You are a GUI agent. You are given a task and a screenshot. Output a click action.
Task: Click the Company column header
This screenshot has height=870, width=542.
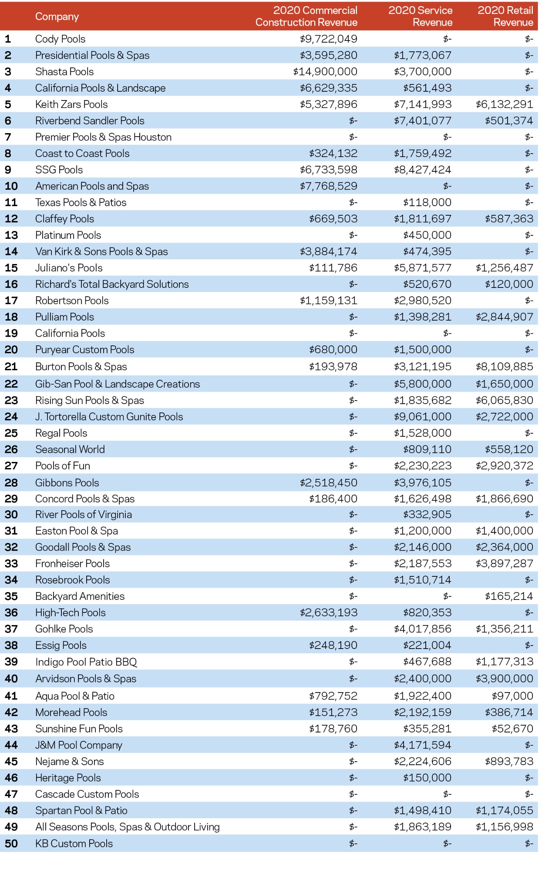click(x=57, y=17)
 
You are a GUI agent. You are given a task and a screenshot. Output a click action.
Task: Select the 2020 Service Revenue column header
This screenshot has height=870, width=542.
click(x=420, y=16)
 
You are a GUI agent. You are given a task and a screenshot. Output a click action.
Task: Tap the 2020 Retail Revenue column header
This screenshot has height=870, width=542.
click(x=505, y=16)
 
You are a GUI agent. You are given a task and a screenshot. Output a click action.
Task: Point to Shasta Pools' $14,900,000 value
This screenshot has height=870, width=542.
click(x=325, y=72)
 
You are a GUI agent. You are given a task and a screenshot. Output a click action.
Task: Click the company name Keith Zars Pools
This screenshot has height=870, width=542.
click(x=71, y=104)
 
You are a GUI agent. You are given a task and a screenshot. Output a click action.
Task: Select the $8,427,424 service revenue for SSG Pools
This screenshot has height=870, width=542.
click(x=423, y=170)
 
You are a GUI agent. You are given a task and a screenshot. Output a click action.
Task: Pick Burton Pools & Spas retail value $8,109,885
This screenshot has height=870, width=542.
click(x=504, y=367)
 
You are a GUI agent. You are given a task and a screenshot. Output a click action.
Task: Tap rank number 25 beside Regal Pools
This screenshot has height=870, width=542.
click(x=11, y=433)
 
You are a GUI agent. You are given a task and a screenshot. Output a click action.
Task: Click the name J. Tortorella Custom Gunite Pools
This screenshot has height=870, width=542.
click(x=109, y=417)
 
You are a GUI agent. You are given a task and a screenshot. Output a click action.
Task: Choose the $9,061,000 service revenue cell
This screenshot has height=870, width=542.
click(x=423, y=417)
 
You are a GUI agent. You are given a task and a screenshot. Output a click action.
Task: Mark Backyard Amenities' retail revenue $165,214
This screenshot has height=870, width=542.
click(x=509, y=596)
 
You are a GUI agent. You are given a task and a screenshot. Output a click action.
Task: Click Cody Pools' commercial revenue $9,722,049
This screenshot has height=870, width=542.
click(x=328, y=39)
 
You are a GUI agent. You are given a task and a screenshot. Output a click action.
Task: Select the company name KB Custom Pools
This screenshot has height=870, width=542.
click(x=74, y=843)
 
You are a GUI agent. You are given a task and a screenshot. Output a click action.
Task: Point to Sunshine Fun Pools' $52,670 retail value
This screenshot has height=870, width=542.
click(x=512, y=729)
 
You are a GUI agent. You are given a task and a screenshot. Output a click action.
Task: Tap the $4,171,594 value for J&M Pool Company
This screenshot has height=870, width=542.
click(x=423, y=745)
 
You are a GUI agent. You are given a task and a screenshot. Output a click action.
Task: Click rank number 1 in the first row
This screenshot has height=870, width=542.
click(x=8, y=39)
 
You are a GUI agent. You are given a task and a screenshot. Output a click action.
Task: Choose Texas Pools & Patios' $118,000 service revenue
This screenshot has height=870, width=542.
click(x=427, y=202)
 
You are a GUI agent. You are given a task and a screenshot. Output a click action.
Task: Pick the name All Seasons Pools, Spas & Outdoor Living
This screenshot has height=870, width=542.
click(x=128, y=827)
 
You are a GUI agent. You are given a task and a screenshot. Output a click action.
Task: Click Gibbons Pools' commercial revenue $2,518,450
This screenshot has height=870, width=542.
click(x=328, y=483)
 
